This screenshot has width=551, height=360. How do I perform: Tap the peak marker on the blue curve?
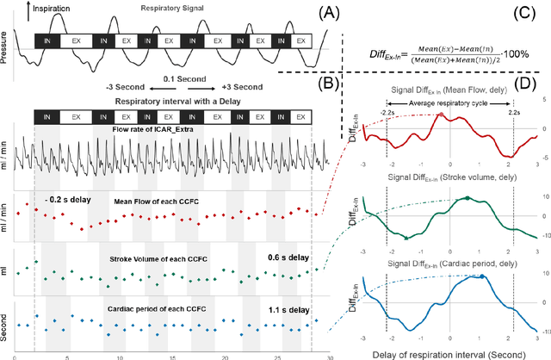tap(483, 276)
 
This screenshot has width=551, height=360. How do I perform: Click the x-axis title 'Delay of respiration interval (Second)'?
tap(449, 352)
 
